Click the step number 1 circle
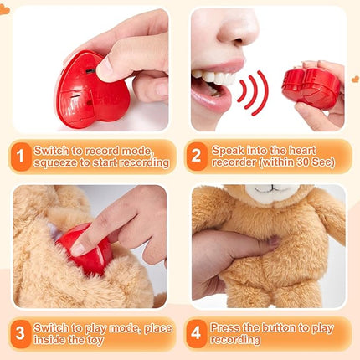click(x=20, y=156)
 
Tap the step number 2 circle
click(x=197, y=156)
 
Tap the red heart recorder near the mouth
click(x=309, y=87)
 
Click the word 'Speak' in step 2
click(x=230, y=149)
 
